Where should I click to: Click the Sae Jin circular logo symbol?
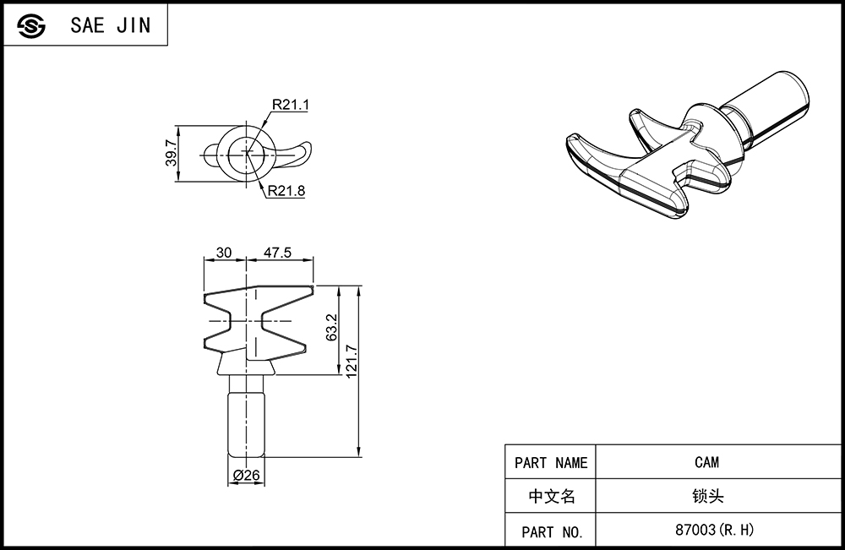pyautogui.click(x=30, y=26)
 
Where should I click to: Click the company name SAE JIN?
pyautogui.click(x=111, y=25)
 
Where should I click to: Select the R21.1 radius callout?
pyautogui.click(x=291, y=105)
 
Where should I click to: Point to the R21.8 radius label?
pyautogui.click(x=286, y=191)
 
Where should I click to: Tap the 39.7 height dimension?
pyautogui.click(x=171, y=152)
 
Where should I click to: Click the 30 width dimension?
pyautogui.click(x=224, y=252)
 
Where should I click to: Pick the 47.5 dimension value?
pyautogui.click(x=277, y=252)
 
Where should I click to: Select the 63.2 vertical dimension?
pyautogui.click(x=331, y=328)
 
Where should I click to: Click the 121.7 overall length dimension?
pyautogui.click(x=352, y=361)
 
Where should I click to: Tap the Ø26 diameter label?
pyautogui.click(x=246, y=475)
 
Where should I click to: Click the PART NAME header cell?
pyautogui.click(x=550, y=462)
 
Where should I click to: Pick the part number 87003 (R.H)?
pyautogui.click(x=715, y=530)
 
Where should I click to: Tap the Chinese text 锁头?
pyautogui.click(x=707, y=496)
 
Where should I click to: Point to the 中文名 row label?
pyautogui.click(x=552, y=496)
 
